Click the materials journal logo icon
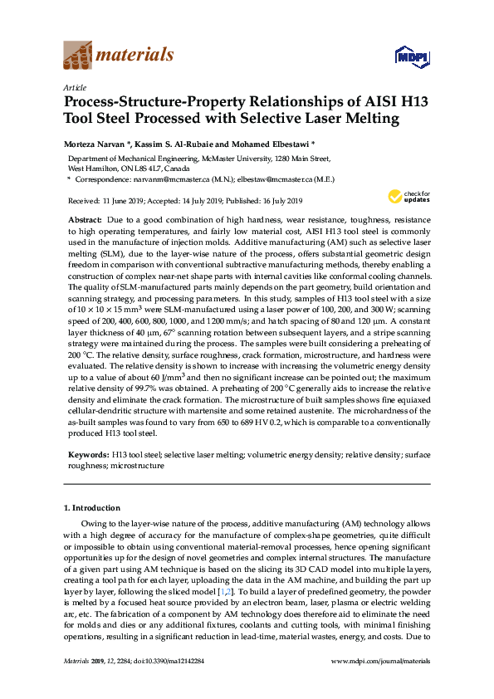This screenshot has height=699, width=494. click(x=78, y=56)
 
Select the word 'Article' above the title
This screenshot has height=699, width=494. click(x=75, y=86)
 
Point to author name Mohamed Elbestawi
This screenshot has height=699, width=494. click(x=273, y=143)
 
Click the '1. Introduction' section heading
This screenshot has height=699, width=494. click(x=91, y=507)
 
